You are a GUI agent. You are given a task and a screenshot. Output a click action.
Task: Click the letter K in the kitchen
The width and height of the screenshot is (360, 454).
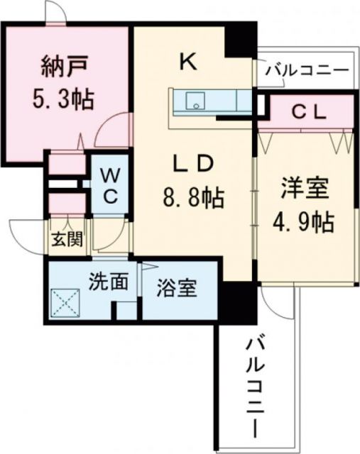click(188, 62)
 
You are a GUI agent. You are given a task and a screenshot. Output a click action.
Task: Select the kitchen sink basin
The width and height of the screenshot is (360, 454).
click(194, 101)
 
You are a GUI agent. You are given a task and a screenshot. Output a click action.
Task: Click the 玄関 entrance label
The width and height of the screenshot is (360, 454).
click(65, 239)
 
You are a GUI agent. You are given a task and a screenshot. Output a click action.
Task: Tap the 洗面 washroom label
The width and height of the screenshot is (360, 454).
click(108, 282)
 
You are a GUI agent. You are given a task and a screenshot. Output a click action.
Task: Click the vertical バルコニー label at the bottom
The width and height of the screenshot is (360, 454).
click(253, 387)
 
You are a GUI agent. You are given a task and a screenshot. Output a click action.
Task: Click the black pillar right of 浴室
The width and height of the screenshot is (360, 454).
click(234, 301)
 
